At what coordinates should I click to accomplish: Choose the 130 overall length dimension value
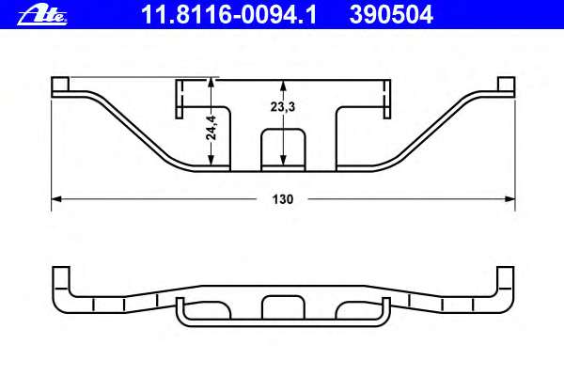283,199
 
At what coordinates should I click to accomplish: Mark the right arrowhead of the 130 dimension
510,198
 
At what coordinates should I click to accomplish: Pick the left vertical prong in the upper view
180,99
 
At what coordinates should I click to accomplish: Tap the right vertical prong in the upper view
385,99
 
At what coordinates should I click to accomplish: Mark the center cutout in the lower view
283,307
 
